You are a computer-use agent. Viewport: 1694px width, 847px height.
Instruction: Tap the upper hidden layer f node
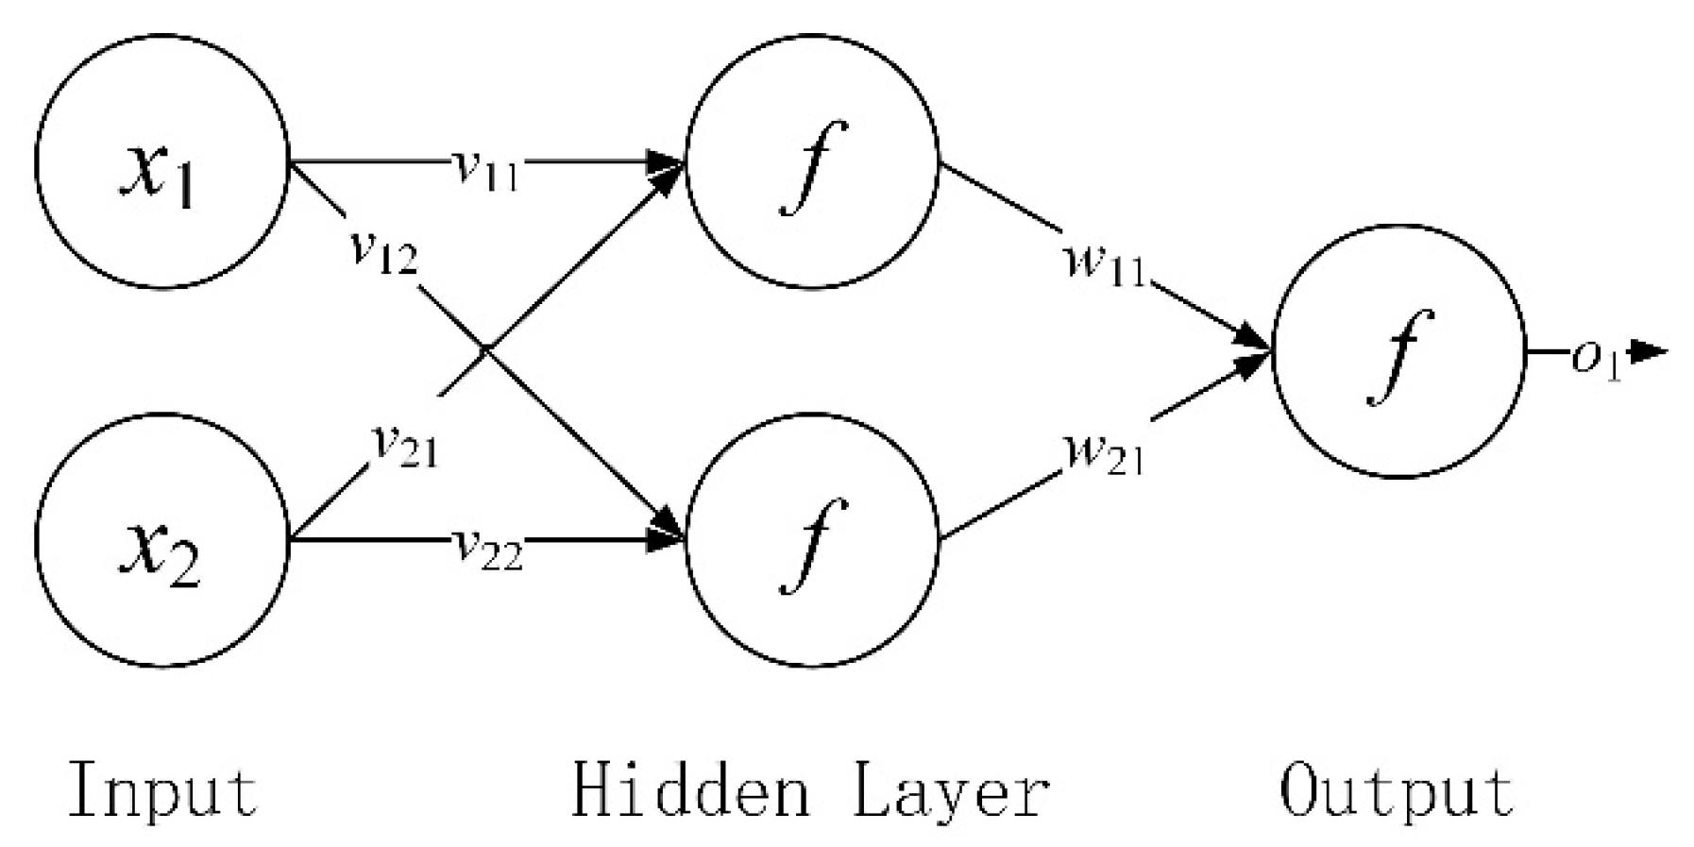[812, 161]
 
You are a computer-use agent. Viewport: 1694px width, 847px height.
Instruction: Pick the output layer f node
[1398, 351]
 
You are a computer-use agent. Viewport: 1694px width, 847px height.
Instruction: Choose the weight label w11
[1103, 266]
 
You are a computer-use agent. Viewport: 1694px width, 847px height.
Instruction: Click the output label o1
[1596, 361]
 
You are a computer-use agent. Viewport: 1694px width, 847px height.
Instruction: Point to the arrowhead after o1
[1651, 352]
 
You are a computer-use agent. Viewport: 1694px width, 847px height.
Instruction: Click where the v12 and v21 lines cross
[484, 350]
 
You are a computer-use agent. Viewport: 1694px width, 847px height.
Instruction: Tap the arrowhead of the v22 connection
[669, 540]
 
